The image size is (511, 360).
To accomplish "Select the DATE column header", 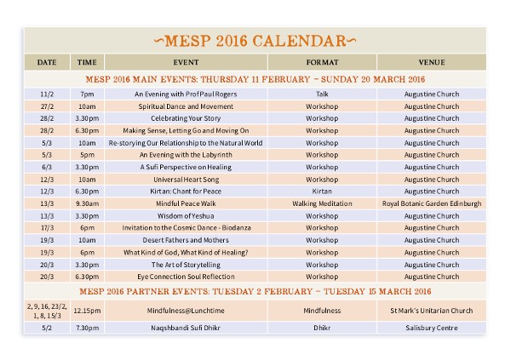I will [47, 62].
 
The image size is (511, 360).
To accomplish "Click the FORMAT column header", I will [322, 62].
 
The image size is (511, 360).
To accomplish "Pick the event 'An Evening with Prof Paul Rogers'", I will [186, 94].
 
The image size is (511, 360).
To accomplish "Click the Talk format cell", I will [322, 94].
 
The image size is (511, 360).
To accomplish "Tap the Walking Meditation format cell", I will [322, 204].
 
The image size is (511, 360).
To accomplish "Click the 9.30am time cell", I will [87, 204].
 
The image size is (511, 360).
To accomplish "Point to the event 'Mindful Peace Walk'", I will [186, 204].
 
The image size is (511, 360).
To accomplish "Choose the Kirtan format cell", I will [322, 191].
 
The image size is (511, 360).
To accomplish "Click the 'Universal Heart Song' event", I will [186, 180].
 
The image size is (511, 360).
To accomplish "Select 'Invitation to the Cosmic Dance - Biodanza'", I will [186, 228].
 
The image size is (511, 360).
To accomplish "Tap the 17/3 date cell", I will [47, 228].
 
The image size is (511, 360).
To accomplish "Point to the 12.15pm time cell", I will [87, 311].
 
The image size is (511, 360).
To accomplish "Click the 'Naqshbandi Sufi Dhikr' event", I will [186, 327].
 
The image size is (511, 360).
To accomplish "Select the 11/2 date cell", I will [47, 94].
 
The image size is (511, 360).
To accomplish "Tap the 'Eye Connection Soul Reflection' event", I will [186, 277].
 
